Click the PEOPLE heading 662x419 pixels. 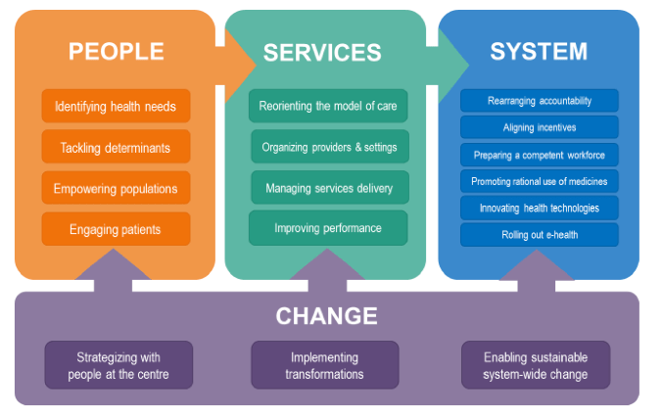116,50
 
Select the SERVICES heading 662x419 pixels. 322,52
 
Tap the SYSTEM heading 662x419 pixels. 539,51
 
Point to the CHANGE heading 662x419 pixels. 326,315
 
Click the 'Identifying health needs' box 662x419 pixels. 116,106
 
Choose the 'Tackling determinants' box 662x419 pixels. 116,147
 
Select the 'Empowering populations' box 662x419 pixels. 116,188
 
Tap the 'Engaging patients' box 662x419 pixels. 116,229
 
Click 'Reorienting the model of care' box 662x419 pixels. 328,106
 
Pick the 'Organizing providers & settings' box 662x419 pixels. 329,147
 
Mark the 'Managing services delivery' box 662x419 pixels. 329,187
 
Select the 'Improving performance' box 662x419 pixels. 328,228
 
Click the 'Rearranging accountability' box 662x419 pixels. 540,100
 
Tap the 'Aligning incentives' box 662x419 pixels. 540,127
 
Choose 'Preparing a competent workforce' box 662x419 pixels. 540,155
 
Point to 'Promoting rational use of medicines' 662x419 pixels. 540,181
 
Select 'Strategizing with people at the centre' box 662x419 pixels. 118,365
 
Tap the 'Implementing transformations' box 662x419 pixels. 325,365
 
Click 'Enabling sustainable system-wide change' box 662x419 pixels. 536,365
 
